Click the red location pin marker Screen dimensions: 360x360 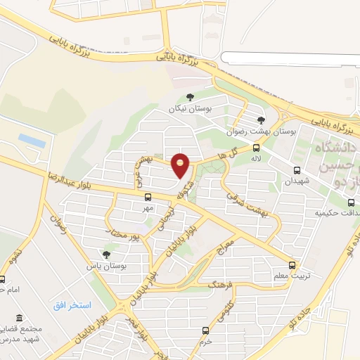[181, 167]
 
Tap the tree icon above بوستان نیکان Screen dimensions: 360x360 [189, 98]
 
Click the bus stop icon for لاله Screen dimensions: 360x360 [256, 148]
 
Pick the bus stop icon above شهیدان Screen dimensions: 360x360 [297, 170]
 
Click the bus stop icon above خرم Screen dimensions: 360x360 [205, 330]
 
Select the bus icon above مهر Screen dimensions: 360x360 [146, 198]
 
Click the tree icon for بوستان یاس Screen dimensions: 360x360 [106, 255]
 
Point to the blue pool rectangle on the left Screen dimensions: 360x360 [32, 141]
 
